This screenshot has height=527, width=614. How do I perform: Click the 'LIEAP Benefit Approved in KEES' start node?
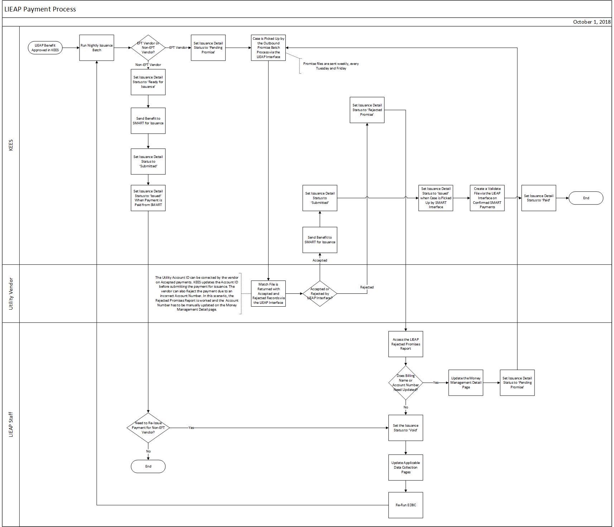[x=45, y=48]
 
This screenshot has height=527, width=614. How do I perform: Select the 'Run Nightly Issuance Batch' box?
[x=97, y=48]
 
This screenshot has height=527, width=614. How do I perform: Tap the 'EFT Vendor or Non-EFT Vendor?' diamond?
[x=148, y=48]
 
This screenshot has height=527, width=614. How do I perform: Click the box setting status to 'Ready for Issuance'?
[x=148, y=82]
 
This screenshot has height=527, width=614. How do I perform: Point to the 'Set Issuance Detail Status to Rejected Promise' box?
[x=367, y=110]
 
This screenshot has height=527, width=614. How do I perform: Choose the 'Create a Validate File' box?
[x=487, y=198]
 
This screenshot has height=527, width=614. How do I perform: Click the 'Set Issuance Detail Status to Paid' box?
[x=538, y=198]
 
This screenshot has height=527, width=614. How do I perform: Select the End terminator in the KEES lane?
[x=586, y=198]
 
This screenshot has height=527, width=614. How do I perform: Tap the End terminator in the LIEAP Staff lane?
[x=148, y=466]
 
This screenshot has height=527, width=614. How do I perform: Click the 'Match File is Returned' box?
[x=268, y=293]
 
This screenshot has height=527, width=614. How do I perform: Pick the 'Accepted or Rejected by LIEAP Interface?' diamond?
[x=320, y=293]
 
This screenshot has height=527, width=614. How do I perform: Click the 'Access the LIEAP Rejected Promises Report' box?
[x=406, y=344]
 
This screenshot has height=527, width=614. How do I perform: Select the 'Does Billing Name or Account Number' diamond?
[x=406, y=383]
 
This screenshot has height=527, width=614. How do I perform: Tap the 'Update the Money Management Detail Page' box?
[x=465, y=383]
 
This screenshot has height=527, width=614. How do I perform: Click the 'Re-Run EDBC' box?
[x=406, y=505]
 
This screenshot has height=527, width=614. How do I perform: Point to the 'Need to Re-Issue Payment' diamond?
[x=148, y=427]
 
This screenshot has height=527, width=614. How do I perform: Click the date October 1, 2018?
[x=591, y=22]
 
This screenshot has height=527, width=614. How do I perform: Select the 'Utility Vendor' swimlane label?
[x=11, y=293]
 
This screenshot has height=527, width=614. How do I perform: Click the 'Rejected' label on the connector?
[x=367, y=287]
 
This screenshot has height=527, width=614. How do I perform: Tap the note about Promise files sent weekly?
[x=331, y=66]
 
